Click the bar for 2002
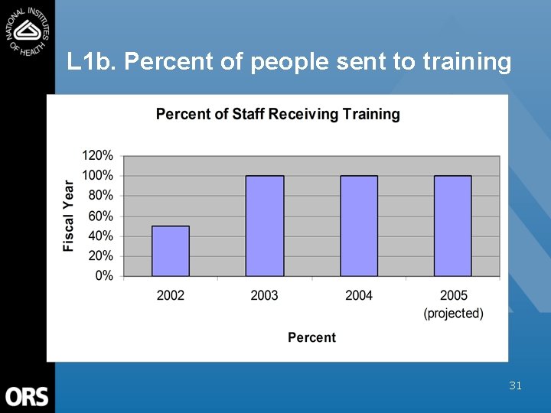click(x=171, y=251)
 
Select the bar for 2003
click(x=265, y=226)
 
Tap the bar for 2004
click(x=359, y=226)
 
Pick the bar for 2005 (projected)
click(x=453, y=226)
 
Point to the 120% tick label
click(x=98, y=155)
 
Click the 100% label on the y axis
click(x=98, y=175)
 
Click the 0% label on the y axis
click(x=104, y=275)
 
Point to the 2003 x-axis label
click(x=265, y=295)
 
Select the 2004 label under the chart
click(x=359, y=295)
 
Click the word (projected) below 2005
click(x=454, y=314)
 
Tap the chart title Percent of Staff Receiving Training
click(x=278, y=115)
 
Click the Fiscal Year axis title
click(x=70, y=216)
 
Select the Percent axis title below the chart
click(x=311, y=337)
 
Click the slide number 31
click(x=515, y=386)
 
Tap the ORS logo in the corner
click(x=27, y=396)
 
